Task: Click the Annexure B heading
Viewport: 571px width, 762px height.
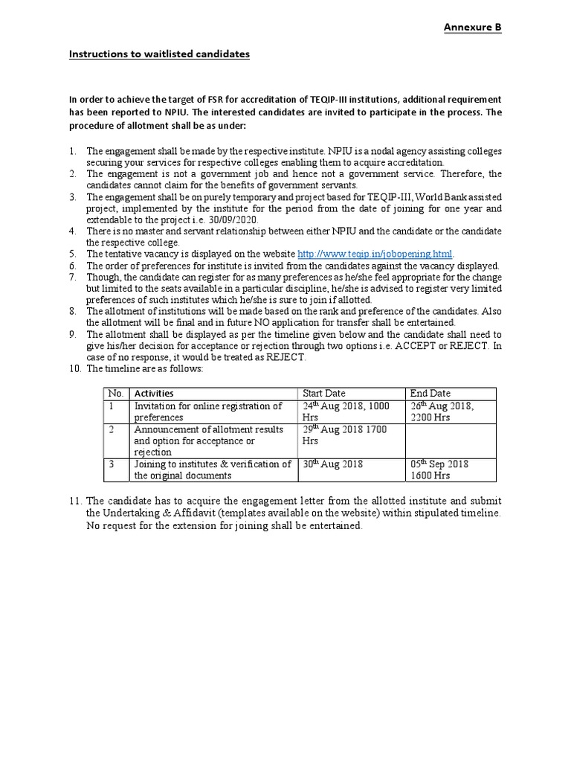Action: [473, 28]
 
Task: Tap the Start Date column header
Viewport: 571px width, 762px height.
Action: [323, 393]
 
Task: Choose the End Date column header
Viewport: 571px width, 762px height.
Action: [430, 393]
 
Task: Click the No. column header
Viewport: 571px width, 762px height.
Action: [115, 393]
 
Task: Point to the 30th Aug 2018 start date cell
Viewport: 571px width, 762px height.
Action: [332, 464]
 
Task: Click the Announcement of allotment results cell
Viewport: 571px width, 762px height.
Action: [208, 441]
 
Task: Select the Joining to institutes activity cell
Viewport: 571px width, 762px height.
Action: [212, 470]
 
